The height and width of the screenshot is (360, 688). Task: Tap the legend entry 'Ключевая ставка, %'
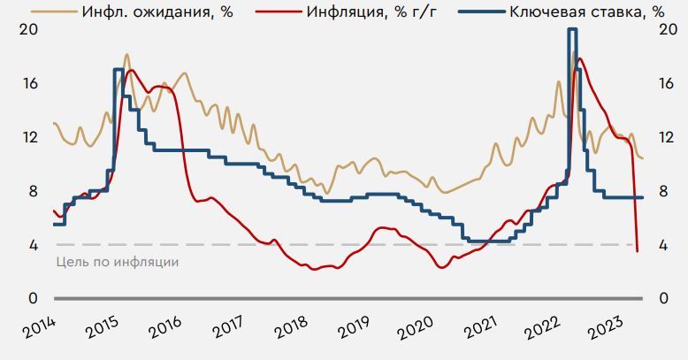(586, 11)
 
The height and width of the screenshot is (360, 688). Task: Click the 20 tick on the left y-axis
(29, 29)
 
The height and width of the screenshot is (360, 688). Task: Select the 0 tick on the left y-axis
(33, 299)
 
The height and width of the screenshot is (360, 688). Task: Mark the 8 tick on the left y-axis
(33, 191)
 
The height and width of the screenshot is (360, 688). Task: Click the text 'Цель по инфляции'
(118, 262)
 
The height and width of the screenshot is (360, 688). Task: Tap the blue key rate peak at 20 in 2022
(573, 29)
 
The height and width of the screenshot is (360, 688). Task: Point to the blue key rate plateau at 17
(118, 69)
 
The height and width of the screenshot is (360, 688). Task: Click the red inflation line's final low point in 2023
(638, 251)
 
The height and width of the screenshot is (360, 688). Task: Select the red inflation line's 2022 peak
(577, 70)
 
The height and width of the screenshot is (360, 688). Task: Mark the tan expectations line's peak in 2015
(127, 55)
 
